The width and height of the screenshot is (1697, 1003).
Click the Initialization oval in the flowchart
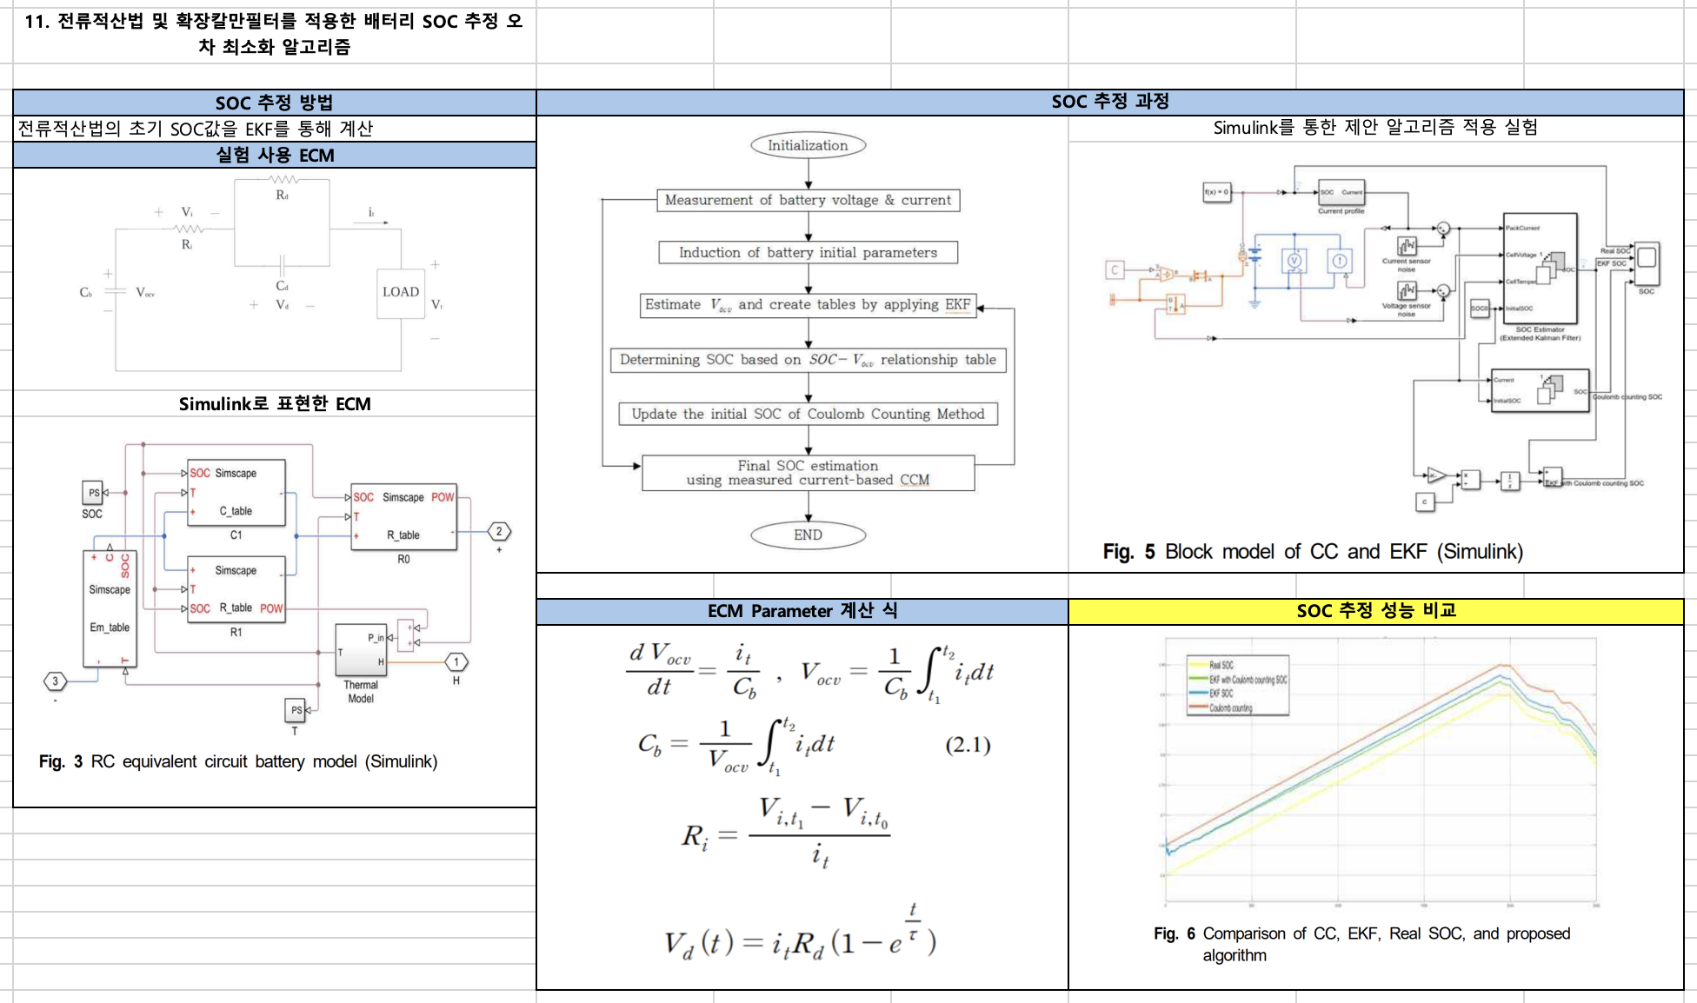tap(808, 145)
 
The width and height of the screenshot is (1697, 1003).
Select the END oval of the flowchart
tap(808, 535)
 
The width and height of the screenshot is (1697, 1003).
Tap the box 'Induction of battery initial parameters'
tap(808, 252)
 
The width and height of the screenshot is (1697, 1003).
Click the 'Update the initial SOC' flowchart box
tap(808, 414)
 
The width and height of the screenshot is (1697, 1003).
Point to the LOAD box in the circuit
tap(401, 292)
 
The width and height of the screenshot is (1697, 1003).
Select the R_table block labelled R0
tap(403, 517)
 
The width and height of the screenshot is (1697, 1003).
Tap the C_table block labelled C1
tap(236, 494)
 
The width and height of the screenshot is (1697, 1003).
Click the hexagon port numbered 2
tap(499, 531)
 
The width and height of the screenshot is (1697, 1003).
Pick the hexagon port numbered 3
tap(56, 681)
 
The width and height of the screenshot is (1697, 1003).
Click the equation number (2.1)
tap(968, 745)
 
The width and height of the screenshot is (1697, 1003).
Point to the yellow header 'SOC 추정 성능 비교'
tap(1375, 611)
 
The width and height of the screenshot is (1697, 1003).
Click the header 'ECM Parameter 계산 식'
tap(802, 611)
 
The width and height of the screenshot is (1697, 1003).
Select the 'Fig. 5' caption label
tap(1128, 552)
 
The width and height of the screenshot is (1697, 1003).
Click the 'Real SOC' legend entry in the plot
tap(1221, 665)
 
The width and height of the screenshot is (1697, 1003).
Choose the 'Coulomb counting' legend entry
tap(1230, 708)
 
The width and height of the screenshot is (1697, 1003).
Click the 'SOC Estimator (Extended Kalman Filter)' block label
tap(1540, 334)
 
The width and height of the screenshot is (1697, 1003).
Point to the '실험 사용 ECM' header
tap(275, 156)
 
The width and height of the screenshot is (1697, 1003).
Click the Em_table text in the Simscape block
tap(110, 627)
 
